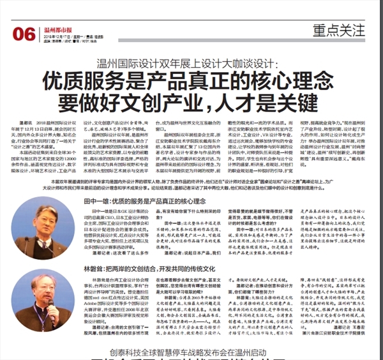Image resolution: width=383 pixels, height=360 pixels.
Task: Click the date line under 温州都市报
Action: click(x=70, y=36)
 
